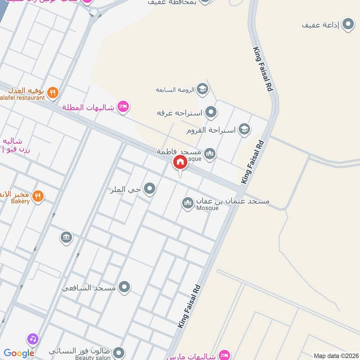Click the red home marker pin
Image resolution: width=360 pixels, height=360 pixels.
pyautogui.click(x=180, y=162)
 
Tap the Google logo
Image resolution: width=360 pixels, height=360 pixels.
pyautogui.click(x=19, y=353)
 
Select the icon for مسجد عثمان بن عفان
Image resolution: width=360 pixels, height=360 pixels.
pyautogui.click(x=188, y=203)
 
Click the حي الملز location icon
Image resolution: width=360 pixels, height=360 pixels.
pyautogui.click(x=150, y=189)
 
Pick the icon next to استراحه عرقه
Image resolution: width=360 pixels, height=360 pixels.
pyautogui.click(x=210, y=112)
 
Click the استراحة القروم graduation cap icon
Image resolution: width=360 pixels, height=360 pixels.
pyautogui.click(x=244, y=130)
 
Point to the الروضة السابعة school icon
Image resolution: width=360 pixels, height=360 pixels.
pyautogui.click(x=202, y=89)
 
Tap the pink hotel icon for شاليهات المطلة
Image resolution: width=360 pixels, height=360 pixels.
pyautogui.click(x=122, y=107)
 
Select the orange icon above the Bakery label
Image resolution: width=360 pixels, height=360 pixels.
pyautogui.click(x=38, y=196)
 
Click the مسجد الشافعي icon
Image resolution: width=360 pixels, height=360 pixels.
pyautogui.click(x=124, y=287)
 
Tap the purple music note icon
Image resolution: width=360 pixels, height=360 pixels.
pyautogui.click(x=32, y=338)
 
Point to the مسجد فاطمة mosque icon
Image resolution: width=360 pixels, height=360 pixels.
pyautogui.click(x=210, y=154)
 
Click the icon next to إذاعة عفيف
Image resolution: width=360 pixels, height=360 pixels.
pyautogui.click(x=348, y=25)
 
